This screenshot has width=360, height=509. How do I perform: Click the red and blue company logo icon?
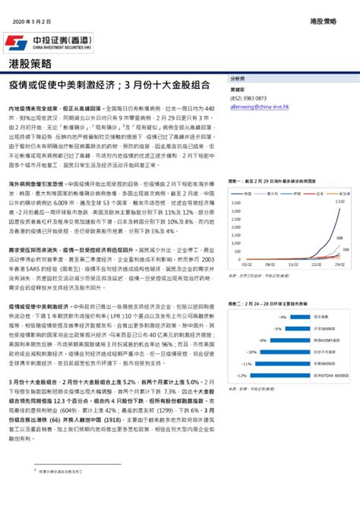tap(14, 41)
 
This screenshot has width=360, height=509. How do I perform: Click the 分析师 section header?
tap(238, 78)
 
